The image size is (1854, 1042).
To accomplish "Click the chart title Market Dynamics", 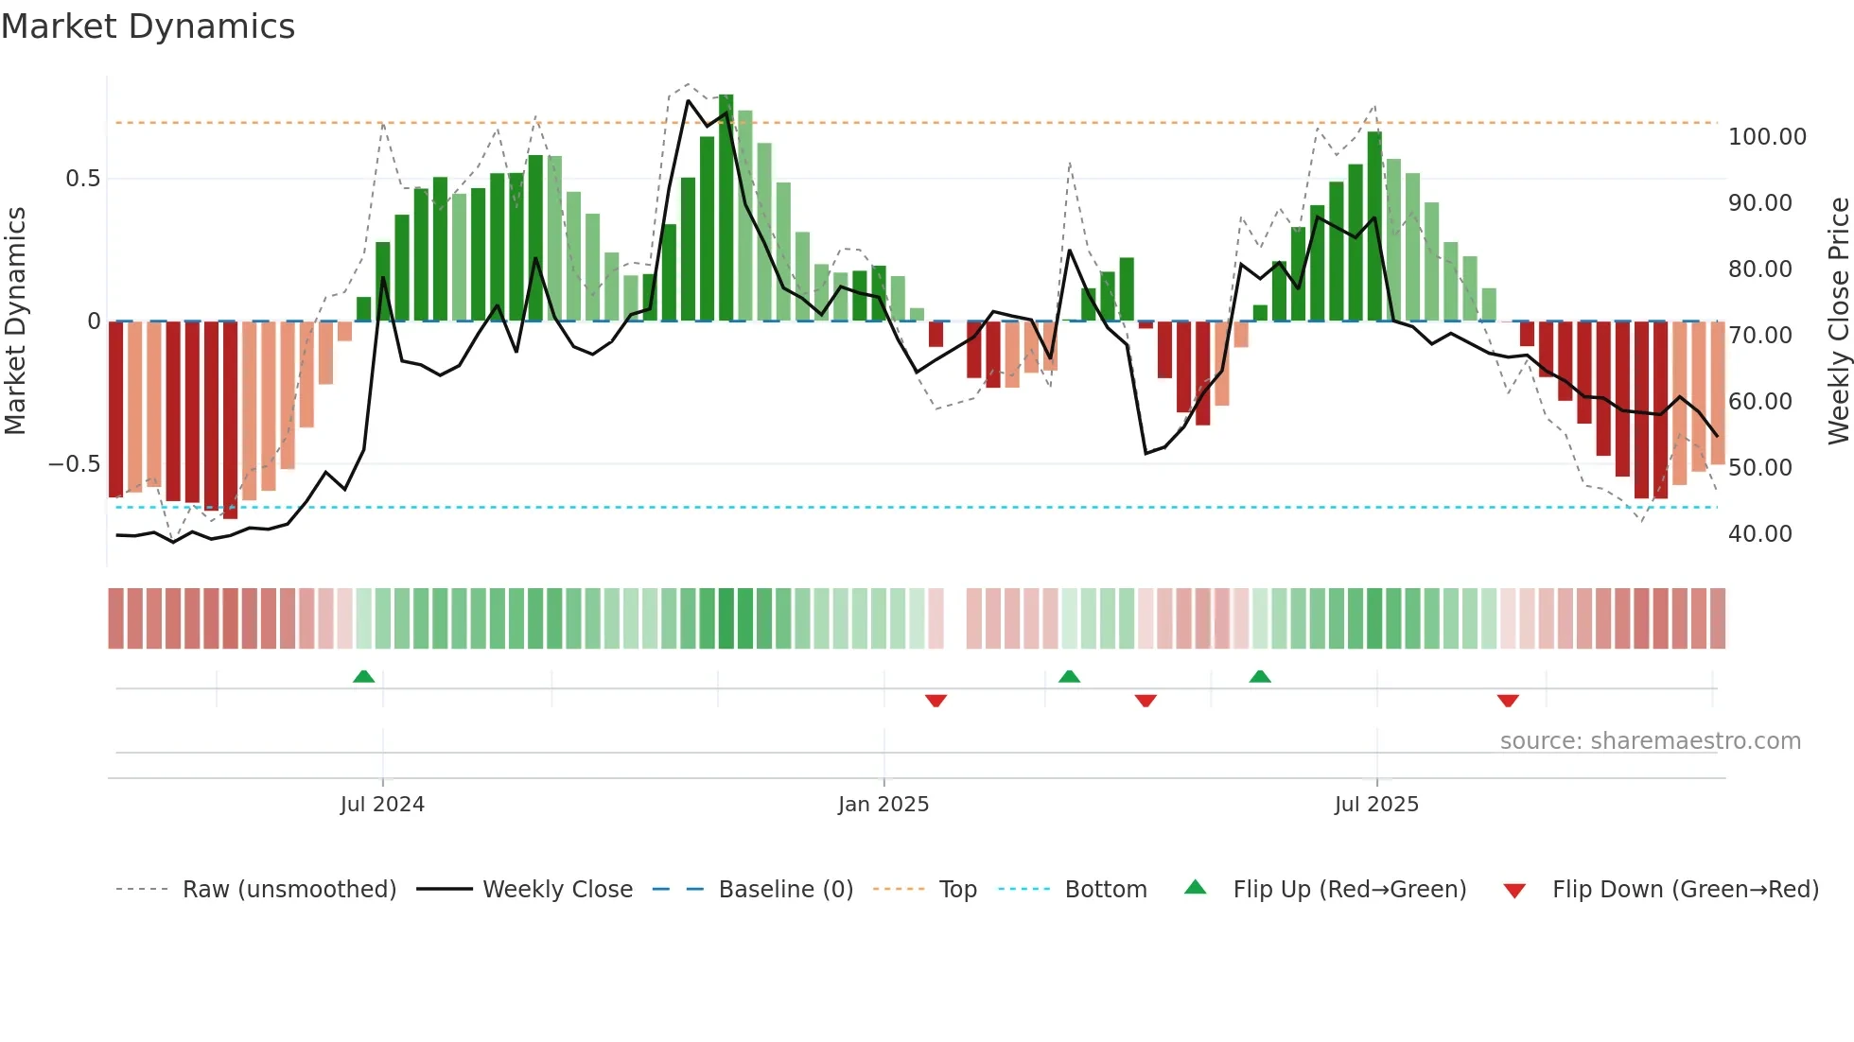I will [x=148, y=26].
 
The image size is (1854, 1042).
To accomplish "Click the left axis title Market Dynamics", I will [x=15, y=321].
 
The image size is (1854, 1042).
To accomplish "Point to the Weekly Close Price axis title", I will [x=1838, y=321].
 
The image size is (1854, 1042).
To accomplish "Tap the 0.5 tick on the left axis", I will [x=82, y=179].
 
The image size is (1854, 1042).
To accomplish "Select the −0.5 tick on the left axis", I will [x=75, y=464].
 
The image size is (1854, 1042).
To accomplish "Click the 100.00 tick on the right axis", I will [x=1767, y=137].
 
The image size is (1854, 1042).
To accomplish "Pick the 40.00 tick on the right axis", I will [x=1760, y=534].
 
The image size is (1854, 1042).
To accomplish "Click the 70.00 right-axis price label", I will [x=1760, y=336].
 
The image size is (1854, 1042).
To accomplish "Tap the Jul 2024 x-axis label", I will [x=382, y=805].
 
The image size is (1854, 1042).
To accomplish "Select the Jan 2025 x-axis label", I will [x=883, y=805].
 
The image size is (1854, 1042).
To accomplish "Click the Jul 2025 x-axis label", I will [x=1376, y=805].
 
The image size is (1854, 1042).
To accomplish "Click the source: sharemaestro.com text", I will [x=1650, y=741].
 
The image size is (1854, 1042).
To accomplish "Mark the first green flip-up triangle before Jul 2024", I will [x=363, y=676].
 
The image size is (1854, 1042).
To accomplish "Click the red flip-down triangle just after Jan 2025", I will [x=936, y=701].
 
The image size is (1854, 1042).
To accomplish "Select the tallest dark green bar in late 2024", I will [x=726, y=208].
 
